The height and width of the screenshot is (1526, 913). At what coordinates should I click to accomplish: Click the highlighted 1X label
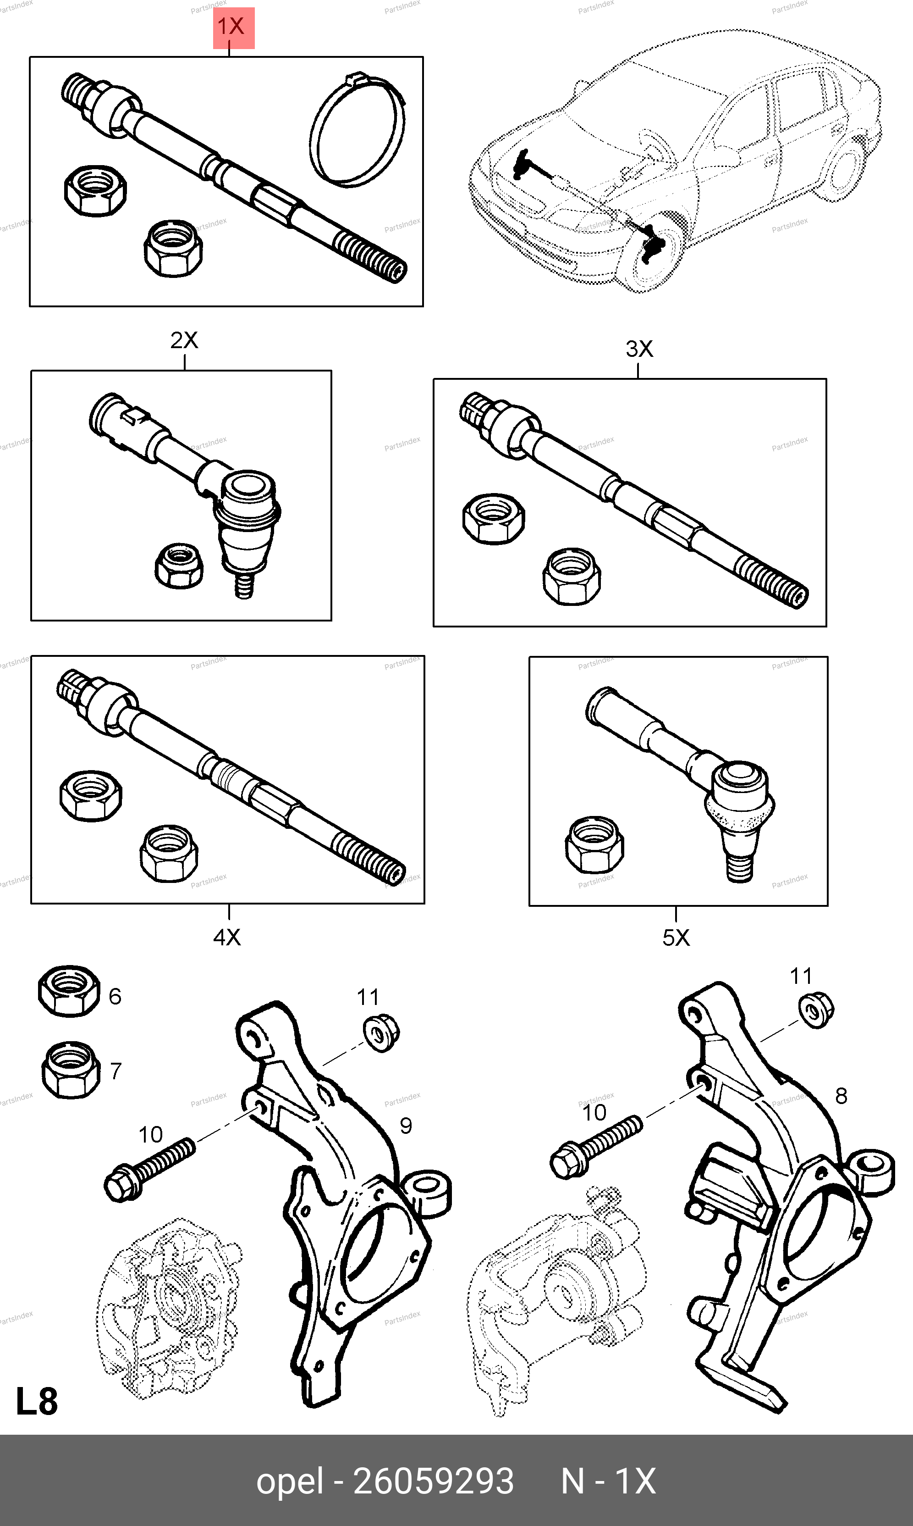click(x=233, y=28)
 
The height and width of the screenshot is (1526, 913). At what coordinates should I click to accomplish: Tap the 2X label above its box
click(x=184, y=340)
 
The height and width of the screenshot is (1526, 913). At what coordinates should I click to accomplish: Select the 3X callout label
click(x=638, y=349)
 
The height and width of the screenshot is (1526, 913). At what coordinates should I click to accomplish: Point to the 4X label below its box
click(x=227, y=937)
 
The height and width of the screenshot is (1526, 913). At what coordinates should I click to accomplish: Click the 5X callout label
click(x=676, y=938)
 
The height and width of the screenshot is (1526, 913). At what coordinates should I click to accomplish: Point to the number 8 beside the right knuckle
click(x=841, y=1095)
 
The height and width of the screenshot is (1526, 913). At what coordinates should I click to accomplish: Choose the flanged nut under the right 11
click(x=816, y=1010)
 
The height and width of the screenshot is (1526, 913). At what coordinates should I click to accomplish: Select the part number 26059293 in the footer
click(x=433, y=1481)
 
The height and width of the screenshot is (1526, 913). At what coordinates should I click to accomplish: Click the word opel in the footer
click(x=289, y=1481)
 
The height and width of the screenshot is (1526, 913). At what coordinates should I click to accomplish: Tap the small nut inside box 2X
click(x=179, y=565)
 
